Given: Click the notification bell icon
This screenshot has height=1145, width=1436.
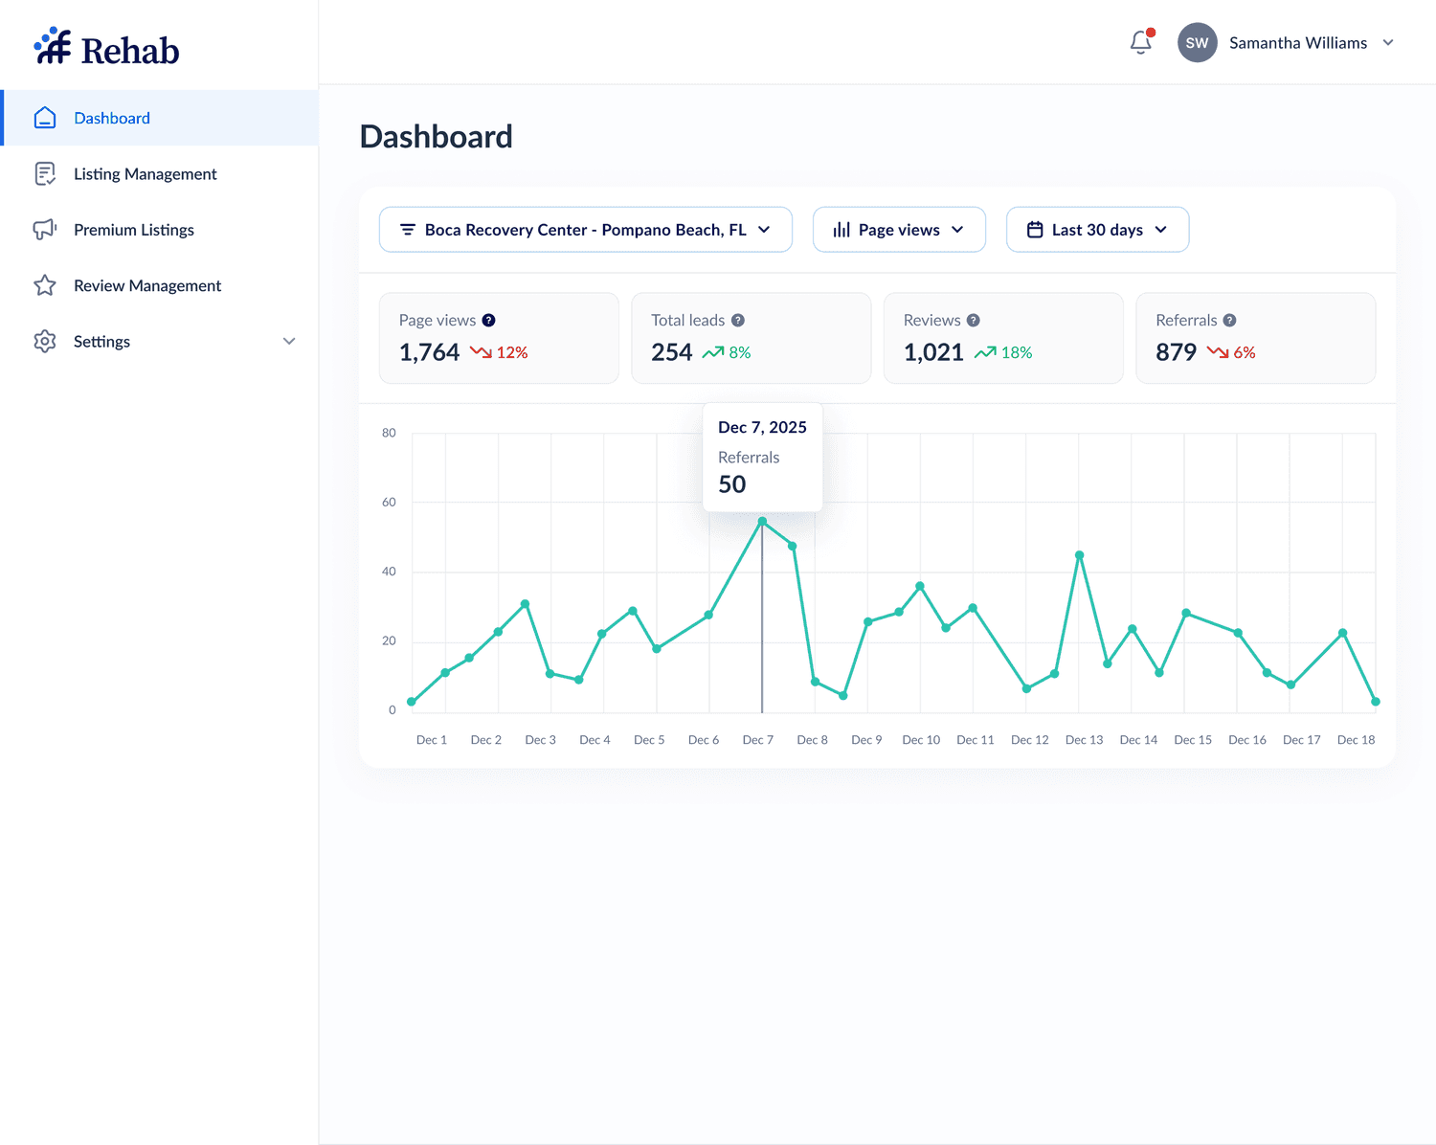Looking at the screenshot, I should coord(1140,43).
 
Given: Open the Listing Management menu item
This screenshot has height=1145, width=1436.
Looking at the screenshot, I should coord(145,174).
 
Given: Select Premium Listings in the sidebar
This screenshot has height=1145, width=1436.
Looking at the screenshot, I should coord(133,230).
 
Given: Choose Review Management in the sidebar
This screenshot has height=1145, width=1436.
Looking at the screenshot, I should coord(146,285).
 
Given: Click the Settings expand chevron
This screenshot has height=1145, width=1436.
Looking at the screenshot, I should coord(289,342).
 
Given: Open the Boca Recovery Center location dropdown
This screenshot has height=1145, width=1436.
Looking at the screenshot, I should coord(585,230).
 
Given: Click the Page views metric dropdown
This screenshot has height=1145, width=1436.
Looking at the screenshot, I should coord(898,230).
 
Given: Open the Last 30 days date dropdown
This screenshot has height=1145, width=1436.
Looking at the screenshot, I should coord(1097,230).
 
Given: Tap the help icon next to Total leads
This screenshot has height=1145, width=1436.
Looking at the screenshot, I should coord(738,321).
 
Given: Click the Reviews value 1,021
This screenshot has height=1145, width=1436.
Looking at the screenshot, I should coord(933,352).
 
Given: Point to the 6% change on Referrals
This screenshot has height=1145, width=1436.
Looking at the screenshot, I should coord(1244,352).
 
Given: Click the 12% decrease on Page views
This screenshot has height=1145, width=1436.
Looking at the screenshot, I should coord(511,352).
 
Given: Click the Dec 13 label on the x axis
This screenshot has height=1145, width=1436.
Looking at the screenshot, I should coord(1084,740).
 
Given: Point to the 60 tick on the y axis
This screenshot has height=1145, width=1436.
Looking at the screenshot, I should coord(389,502).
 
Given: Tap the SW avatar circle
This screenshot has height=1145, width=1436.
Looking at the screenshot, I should coord(1197,43).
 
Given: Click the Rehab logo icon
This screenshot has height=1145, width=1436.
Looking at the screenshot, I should coord(53,46).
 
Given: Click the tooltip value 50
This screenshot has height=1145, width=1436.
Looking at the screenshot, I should coord(732,484).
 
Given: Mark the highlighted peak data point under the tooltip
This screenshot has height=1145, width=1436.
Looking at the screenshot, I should coord(762,522).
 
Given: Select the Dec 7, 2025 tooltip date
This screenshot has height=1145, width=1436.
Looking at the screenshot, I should coord(762,427).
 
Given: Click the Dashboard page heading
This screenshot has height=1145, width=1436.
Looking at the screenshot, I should coord(437,137).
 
